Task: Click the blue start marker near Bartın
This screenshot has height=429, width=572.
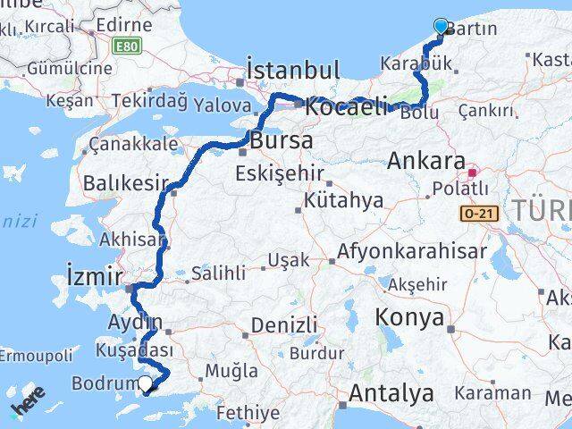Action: coord(441,26)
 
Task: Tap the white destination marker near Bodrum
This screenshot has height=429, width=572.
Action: coord(145,385)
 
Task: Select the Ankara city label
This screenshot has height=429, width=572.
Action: coord(426,163)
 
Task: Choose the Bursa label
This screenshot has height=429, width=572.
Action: coord(281,141)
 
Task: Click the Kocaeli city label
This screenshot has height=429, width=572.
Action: coord(345,107)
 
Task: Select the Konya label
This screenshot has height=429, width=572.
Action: coord(410,317)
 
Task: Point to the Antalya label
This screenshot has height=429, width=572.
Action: coord(391,392)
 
